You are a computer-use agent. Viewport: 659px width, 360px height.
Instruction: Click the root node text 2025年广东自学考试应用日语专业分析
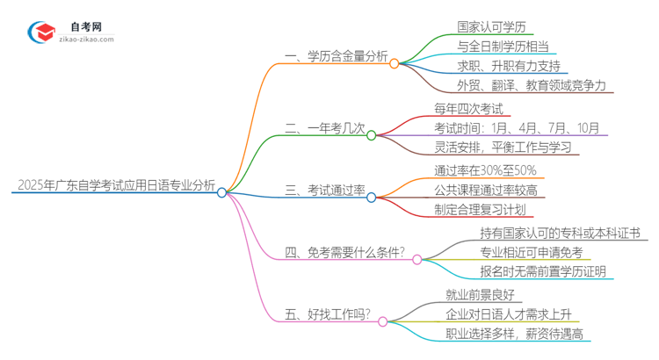[114, 184]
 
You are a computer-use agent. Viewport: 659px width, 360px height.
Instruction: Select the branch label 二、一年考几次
[324, 128]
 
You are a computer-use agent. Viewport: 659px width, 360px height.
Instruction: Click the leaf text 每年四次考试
[468, 109]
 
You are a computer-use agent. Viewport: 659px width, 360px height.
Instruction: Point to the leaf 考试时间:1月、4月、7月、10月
[516, 128]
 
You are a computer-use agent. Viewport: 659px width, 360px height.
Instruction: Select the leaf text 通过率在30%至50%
[485, 170]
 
